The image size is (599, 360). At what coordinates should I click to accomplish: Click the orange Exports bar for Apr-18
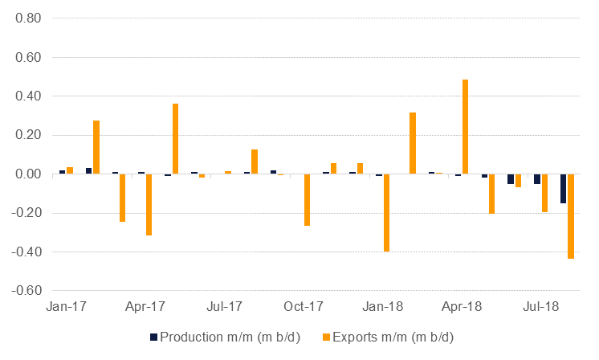465,127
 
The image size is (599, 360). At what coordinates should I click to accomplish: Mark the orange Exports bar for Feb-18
413,143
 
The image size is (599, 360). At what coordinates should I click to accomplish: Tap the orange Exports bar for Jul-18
544,193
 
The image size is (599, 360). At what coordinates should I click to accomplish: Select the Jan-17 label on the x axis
67,306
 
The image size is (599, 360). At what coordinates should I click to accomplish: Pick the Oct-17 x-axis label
304,306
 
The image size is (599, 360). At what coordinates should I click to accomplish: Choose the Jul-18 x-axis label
541,306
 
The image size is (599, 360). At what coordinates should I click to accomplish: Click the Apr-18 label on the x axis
462,306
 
